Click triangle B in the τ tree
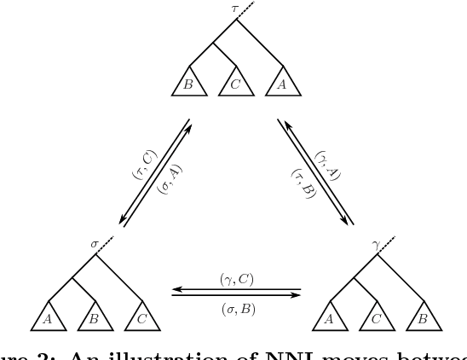pos(188,84)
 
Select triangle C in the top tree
pos(235,84)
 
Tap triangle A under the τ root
pos(282,84)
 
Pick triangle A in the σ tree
pos(47,319)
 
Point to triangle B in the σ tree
pos(94,319)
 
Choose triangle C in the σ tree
pos(141,319)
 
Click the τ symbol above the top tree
pos(235,9)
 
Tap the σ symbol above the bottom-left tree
pos(95,244)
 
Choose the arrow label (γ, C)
pos(236,279)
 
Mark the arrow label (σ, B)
pos(236,305)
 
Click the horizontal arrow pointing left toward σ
pos(236,288)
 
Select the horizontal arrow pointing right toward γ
pos(236,295)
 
